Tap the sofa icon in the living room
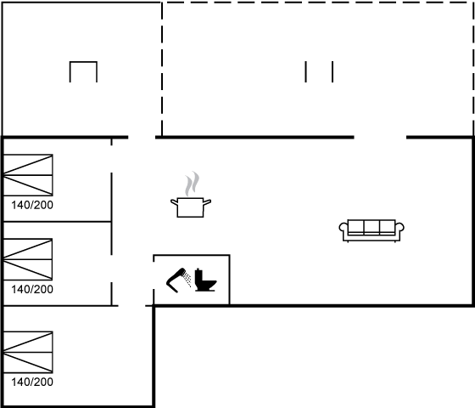tap(372, 230)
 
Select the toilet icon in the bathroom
tap(205, 280)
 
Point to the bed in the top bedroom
tap(28, 175)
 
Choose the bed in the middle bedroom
tap(28, 259)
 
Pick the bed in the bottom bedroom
tap(28, 352)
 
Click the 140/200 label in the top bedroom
tap(32, 205)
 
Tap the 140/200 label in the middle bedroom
tap(32, 289)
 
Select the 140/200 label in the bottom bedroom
tap(32, 382)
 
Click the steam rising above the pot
tap(192, 184)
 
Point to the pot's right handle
tap(207, 202)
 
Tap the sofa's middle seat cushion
tap(372, 227)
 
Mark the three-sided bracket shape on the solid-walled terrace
tap(83, 62)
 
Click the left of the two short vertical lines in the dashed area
tap(305, 71)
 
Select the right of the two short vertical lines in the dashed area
tap(332, 71)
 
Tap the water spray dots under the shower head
tap(187, 279)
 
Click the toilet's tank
tap(198, 275)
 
